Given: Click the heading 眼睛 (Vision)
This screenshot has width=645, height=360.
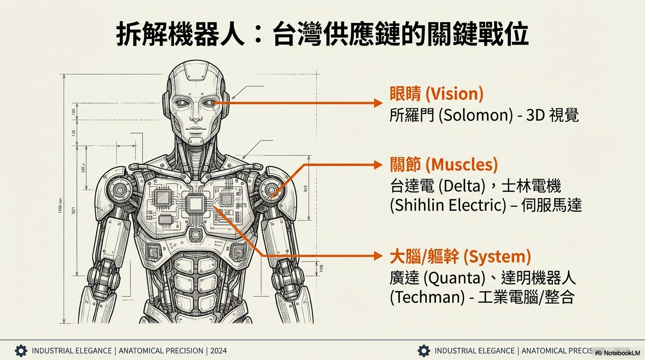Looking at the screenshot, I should pyautogui.click(x=436, y=94).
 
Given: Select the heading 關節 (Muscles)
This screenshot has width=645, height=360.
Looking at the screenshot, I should pyautogui.click(x=443, y=165).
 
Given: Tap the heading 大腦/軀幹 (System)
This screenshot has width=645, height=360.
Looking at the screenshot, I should pyautogui.click(x=460, y=257).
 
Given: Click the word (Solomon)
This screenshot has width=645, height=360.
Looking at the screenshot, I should pyautogui.click(x=476, y=115).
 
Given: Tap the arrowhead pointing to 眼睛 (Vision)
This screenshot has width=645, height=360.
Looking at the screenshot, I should pyautogui.click(x=379, y=103).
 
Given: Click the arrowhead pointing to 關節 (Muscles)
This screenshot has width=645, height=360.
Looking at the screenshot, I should pyautogui.click(x=379, y=165).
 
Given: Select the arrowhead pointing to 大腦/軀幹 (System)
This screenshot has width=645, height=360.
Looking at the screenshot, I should pyautogui.click(x=379, y=256).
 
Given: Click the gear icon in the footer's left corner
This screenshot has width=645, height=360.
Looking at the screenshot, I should pyautogui.click(x=21, y=351).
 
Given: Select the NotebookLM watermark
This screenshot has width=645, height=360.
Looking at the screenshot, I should pyautogui.click(x=617, y=352).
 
